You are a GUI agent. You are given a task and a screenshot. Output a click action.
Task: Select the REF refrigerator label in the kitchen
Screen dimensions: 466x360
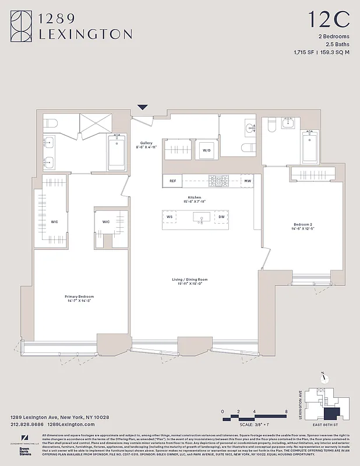pyautogui.click(x=172, y=181)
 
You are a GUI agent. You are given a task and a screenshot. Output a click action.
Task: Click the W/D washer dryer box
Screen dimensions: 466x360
pyautogui.click(x=207, y=150)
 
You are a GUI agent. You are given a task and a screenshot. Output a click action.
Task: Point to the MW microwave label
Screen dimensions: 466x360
pyautogui.click(x=248, y=181)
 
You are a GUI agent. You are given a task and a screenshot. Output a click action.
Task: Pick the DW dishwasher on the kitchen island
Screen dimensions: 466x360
pyautogui.click(x=221, y=217)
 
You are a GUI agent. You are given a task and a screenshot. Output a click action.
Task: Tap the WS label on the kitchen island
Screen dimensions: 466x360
pyautogui.click(x=170, y=217)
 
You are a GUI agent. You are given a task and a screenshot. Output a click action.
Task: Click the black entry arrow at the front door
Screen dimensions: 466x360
pyautogui.click(x=142, y=107)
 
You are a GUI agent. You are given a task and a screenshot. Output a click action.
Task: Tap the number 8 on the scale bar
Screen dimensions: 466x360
pyautogui.click(x=286, y=411)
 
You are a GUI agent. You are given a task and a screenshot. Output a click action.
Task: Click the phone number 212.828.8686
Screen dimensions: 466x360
pyautogui.click(x=29, y=425)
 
